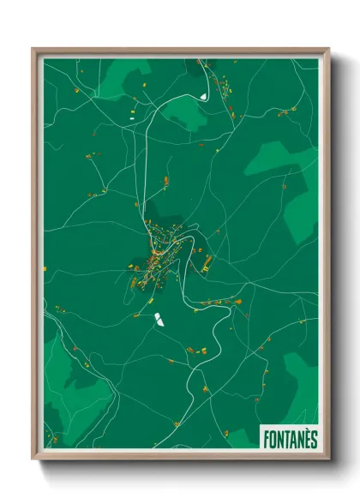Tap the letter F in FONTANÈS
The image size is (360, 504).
click(x=263, y=438)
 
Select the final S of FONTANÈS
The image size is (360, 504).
click(x=313, y=438)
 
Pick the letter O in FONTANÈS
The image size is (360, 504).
click(x=270, y=438)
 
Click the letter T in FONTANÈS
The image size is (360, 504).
click(x=284, y=438)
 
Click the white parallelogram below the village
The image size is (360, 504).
click(x=158, y=321)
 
